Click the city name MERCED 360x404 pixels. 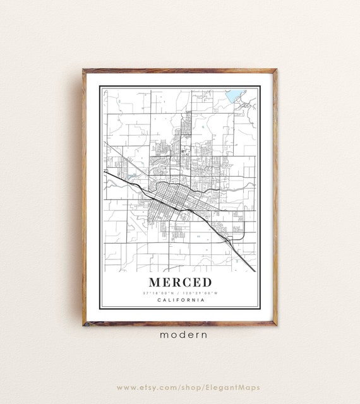point(180,282)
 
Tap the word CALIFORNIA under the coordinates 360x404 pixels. point(180,300)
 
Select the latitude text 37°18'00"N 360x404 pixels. point(159,292)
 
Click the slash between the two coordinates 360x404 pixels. point(180,292)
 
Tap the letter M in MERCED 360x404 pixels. point(155,282)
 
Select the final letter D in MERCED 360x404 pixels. point(207,282)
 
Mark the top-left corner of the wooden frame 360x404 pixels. point(83,70)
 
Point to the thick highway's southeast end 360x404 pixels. point(255,271)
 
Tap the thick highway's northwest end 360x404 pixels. point(105,171)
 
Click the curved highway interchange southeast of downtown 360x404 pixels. point(229,239)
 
